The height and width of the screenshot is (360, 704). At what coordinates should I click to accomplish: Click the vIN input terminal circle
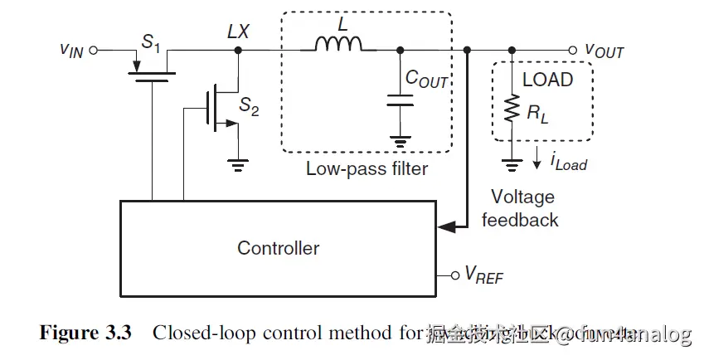(94, 50)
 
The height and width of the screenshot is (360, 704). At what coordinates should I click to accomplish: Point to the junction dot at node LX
(239, 51)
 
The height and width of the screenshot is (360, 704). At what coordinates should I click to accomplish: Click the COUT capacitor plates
(401, 101)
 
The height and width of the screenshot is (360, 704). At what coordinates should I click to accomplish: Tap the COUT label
(426, 79)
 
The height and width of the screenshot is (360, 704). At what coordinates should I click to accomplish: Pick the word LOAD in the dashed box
(547, 80)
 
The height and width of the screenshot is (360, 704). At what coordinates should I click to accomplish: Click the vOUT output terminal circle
(573, 50)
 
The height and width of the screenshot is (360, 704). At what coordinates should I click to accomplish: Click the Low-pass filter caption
(367, 169)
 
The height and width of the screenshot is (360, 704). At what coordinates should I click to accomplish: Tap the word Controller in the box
(279, 247)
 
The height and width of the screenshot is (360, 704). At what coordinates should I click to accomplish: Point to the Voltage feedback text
(522, 208)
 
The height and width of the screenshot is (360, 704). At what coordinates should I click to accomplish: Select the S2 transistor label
(249, 106)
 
